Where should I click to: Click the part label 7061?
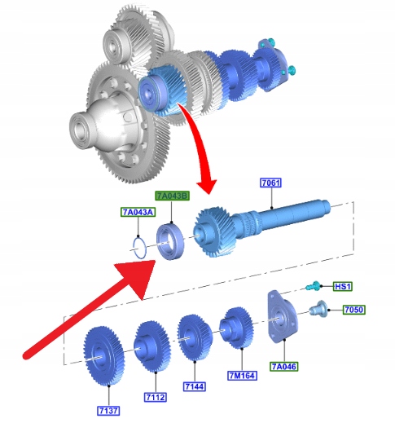point(270,183)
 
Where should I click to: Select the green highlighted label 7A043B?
point(172,196)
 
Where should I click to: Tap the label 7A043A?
point(138,212)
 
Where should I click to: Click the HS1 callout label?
point(343,286)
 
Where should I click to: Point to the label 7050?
point(353,310)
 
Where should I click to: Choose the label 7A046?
point(284,367)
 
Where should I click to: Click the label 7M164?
point(242,376)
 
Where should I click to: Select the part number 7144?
point(195,386)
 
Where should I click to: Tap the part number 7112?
point(156,397)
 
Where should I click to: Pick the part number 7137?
point(108,411)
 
